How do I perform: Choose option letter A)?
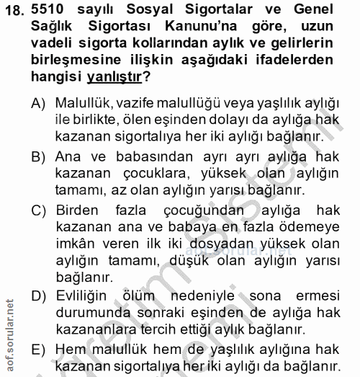tap(39, 105)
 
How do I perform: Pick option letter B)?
tap(39, 156)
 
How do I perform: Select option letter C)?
tap(39, 209)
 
